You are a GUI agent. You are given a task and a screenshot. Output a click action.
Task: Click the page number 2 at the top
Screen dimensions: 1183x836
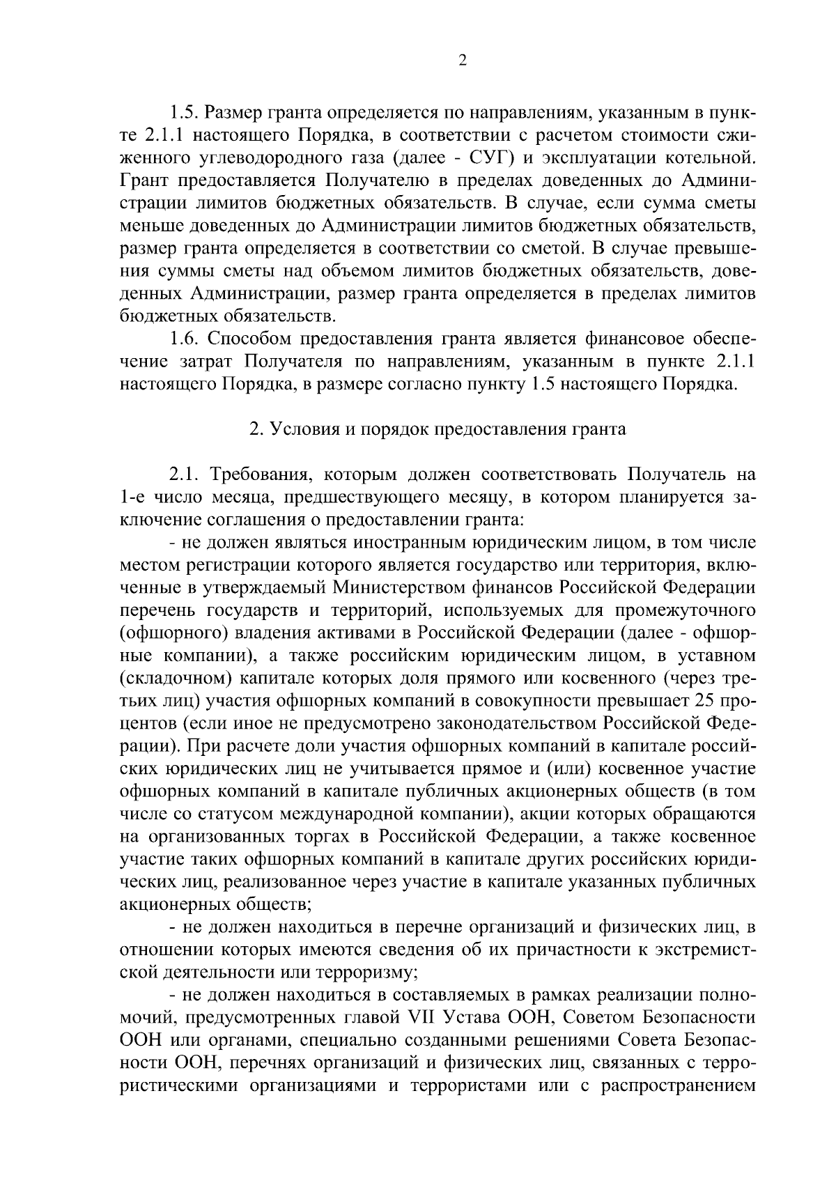463,60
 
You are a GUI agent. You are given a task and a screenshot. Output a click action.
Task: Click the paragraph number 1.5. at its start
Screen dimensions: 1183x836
185,111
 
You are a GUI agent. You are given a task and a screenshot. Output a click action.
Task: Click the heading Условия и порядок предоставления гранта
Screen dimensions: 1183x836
438,429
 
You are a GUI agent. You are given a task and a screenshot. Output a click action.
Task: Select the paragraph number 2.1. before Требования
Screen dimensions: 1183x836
185,475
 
